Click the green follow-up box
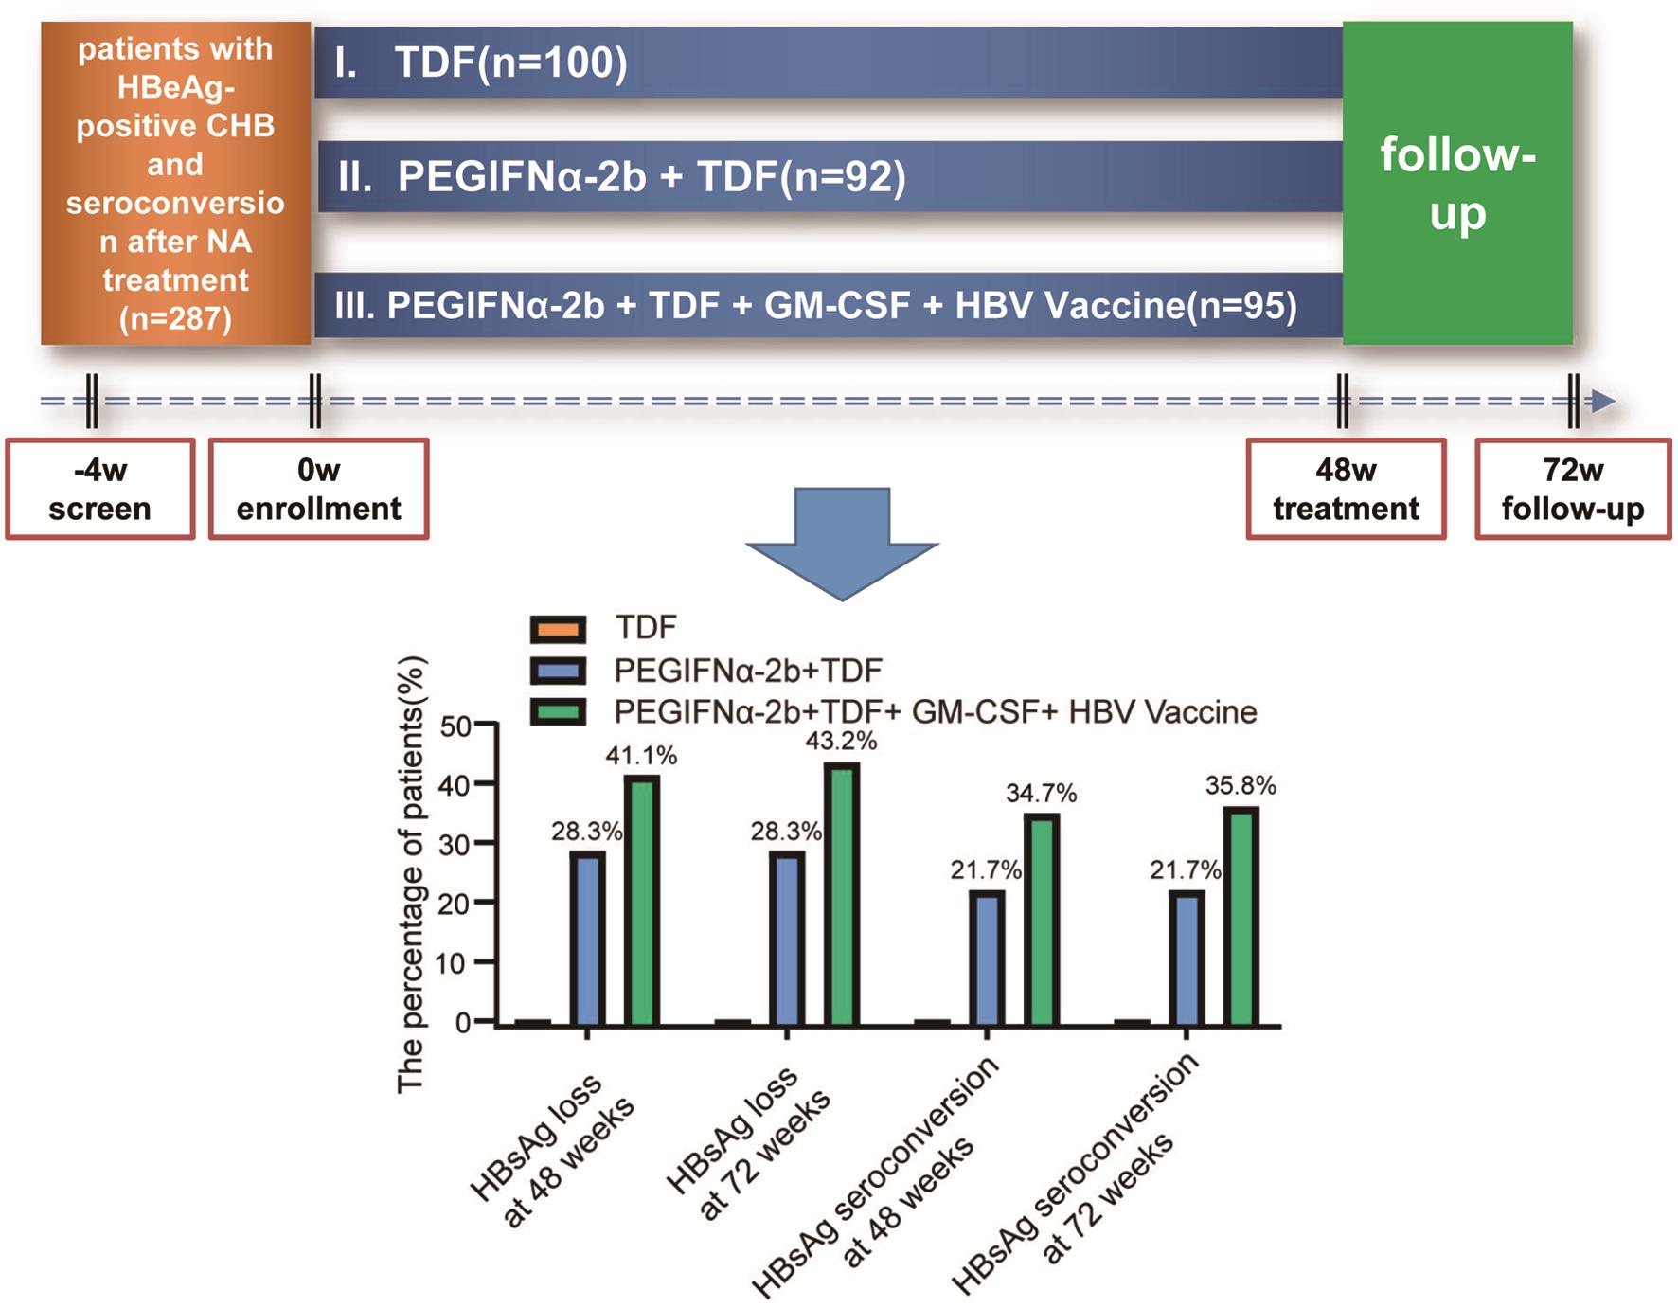pyautogui.click(x=1456, y=183)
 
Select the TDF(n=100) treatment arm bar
pyautogui.click(x=828, y=63)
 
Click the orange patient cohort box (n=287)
pyautogui.click(x=176, y=183)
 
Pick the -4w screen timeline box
pyautogui.click(x=100, y=489)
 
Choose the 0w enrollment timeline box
pyautogui.click(x=318, y=489)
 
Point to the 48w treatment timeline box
pyautogui.click(x=1346, y=489)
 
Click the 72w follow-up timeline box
pyautogui.click(x=1572, y=489)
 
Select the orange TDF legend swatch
pyautogui.click(x=558, y=629)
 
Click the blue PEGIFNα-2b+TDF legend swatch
pyautogui.click(x=558, y=671)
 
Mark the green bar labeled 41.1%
pyautogui.click(x=642, y=900)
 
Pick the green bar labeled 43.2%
pyautogui.click(x=842, y=893)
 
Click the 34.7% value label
pyautogui.click(x=1041, y=793)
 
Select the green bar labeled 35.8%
pyautogui.click(x=1241, y=916)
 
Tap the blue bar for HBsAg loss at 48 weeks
pyautogui.click(x=587, y=938)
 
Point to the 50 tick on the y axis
pyautogui.click(x=455, y=726)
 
